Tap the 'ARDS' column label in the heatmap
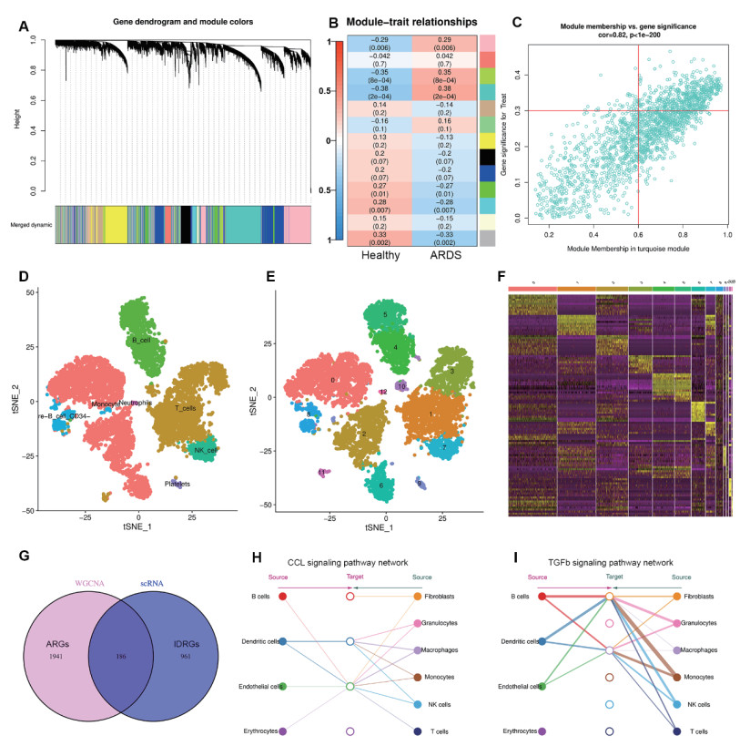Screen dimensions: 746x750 tap(443, 255)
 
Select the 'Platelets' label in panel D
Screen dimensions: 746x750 tap(177, 484)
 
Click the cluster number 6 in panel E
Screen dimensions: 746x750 tap(380, 485)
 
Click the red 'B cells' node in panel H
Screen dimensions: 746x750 tap(283, 597)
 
